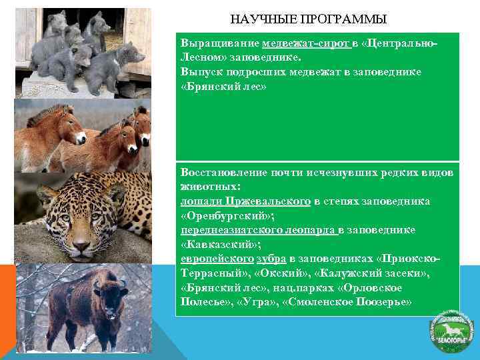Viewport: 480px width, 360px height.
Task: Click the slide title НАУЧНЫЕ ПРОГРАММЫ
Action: (x=308, y=19)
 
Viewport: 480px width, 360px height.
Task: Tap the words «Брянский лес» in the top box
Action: (x=223, y=87)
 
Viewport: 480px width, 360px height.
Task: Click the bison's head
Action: (x=107, y=292)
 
